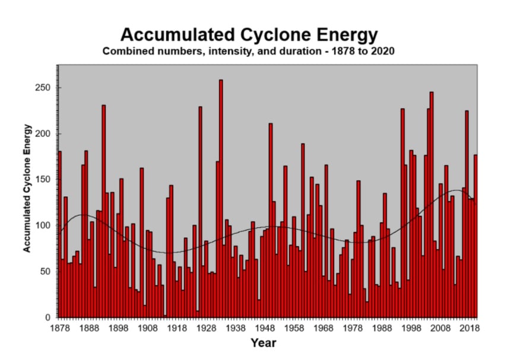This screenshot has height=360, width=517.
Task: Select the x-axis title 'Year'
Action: pos(263,342)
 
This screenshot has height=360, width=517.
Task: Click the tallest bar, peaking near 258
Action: pos(221,202)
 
